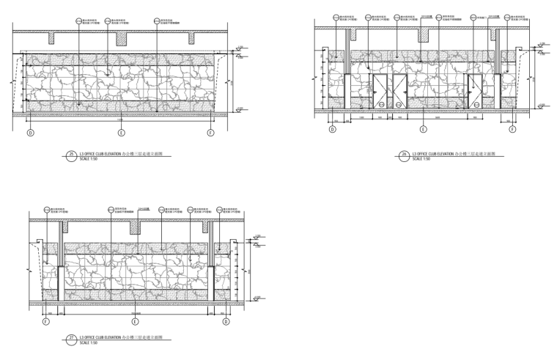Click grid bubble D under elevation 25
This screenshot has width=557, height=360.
tap(31, 133)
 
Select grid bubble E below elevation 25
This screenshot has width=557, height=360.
tap(122, 133)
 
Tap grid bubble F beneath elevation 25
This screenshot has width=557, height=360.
tap(212, 133)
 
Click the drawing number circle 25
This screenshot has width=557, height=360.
tap(71, 155)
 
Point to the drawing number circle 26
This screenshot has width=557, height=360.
tap(405, 155)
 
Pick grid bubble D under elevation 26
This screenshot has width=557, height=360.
tap(332, 129)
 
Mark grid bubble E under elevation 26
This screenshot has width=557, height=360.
tap(423, 129)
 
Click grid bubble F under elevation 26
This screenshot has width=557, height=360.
tap(513, 129)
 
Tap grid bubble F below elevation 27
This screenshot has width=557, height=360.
tap(45, 321)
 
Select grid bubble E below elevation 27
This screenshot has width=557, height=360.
tap(136, 321)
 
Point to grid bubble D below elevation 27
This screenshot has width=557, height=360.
tap(226, 321)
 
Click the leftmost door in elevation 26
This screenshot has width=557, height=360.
tap(380, 92)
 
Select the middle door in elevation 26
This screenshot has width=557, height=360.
tap(399, 92)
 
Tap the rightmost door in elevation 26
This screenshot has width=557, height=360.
tap(473, 92)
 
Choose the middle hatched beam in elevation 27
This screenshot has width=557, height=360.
tap(135, 227)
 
